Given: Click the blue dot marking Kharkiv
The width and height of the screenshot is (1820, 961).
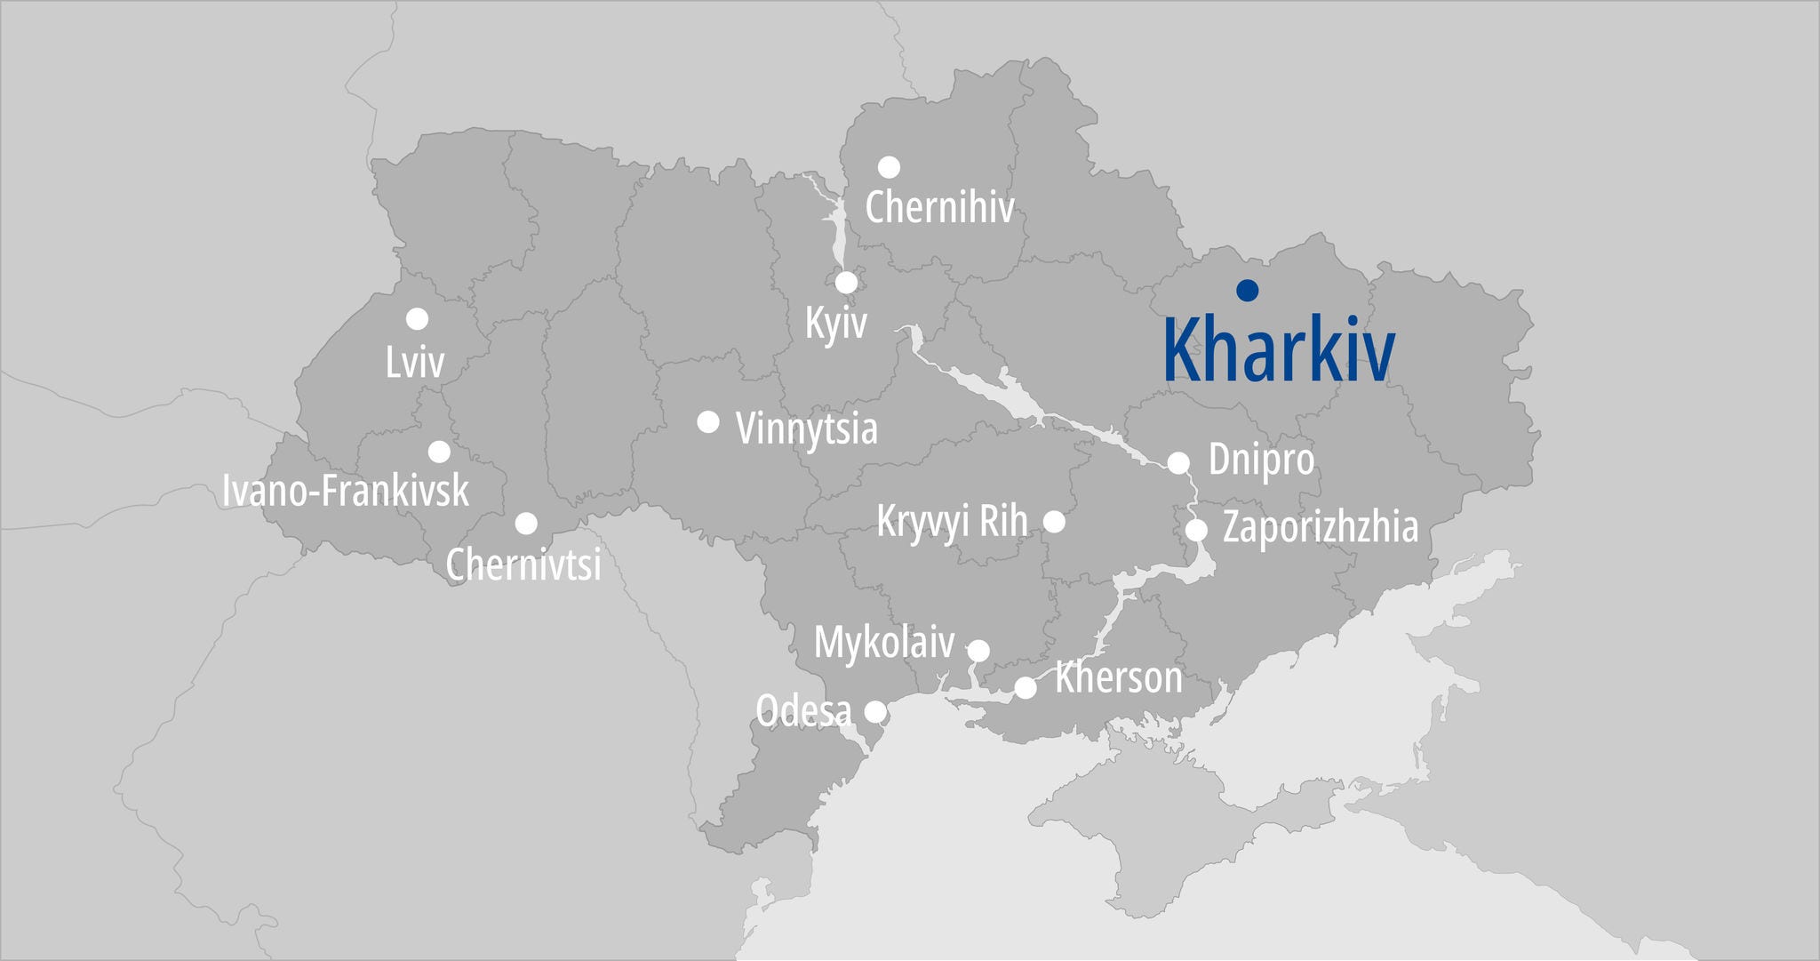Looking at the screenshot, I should (x=1248, y=290).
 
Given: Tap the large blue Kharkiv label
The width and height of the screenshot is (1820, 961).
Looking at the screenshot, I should (x=1279, y=350).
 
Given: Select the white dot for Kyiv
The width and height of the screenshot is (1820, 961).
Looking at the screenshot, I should (x=847, y=283).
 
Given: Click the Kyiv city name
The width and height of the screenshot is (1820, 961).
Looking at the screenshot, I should (x=835, y=323).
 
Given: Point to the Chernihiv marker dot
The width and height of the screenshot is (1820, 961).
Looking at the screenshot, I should (x=889, y=167).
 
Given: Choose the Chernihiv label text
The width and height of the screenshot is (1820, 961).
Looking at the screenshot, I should (x=939, y=208).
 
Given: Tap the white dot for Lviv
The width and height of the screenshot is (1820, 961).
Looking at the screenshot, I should (x=417, y=318).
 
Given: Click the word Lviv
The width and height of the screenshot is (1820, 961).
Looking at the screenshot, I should (x=415, y=362).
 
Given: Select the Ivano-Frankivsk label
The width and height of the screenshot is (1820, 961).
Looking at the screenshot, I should (x=346, y=491).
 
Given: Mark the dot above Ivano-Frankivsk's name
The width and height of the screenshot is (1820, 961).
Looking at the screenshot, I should (x=439, y=452).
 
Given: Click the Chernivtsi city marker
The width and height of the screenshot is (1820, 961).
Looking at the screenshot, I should (x=526, y=523).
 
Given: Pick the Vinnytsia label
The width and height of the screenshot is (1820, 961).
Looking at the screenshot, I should (x=807, y=428).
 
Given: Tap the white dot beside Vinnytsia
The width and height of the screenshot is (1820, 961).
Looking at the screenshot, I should (x=708, y=421).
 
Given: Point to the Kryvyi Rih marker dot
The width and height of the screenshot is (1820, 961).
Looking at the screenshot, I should (x=1054, y=522).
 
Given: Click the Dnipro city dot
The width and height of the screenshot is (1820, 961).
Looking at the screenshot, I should (x=1178, y=462).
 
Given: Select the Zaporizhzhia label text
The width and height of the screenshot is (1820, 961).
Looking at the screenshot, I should (x=1321, y=526).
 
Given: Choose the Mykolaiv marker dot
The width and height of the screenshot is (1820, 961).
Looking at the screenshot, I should (x=978, y=651).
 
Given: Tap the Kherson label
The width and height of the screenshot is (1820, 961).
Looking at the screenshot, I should (x=1119, y=678).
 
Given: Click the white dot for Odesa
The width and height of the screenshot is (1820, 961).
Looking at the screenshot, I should (x=875, y=711).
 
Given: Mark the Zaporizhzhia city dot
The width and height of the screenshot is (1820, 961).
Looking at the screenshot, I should (x=1197, y=530).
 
